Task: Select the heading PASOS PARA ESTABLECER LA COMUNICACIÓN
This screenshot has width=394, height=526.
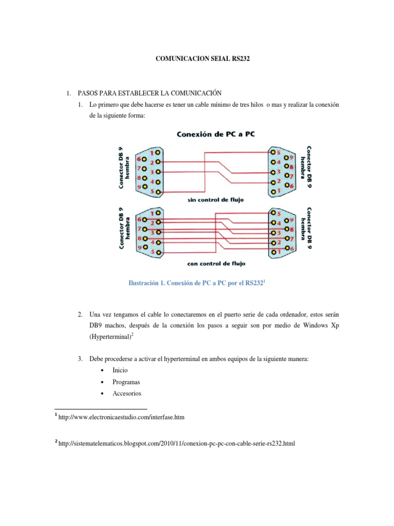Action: (149, 93)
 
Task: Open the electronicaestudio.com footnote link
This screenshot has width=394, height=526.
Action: (122, 418)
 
